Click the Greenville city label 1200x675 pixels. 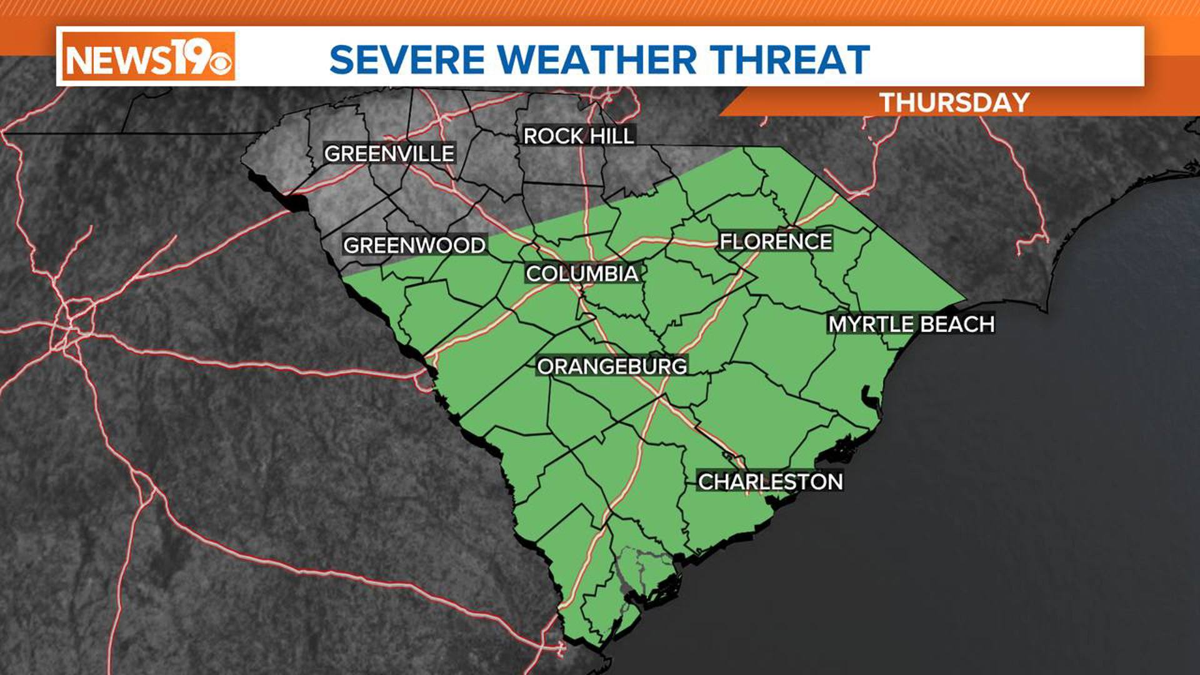point(389,153)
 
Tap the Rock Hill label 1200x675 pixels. point(579,136)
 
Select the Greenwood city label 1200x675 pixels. point(414,245)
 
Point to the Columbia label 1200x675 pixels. point(582,273)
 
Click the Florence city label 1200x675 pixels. point(776,241)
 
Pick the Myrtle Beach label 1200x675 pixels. point(911,324)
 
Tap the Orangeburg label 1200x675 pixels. point(612,366)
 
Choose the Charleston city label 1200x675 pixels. point(770,481)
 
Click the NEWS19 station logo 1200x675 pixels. point(148,57)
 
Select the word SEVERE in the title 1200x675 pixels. point(407,59)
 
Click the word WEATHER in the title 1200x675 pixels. point(597,59)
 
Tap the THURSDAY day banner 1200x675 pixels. point(954,102)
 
